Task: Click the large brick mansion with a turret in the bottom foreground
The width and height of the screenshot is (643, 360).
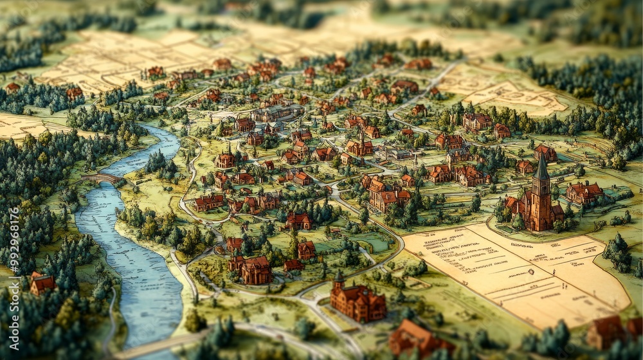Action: [x=358, y=302]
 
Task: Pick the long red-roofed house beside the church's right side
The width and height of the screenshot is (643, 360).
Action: [x=584, y=192]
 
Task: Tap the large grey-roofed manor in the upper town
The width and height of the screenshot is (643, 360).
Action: [x=276, y=114]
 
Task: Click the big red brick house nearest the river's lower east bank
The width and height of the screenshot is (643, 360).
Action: [x=255, y=270]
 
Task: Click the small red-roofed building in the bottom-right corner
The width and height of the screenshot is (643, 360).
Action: [x=608, y=331]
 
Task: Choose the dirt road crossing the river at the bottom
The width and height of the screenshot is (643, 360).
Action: [x=161, y=344]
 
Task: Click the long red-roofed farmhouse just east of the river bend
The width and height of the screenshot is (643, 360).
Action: [x=208, y=202]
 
